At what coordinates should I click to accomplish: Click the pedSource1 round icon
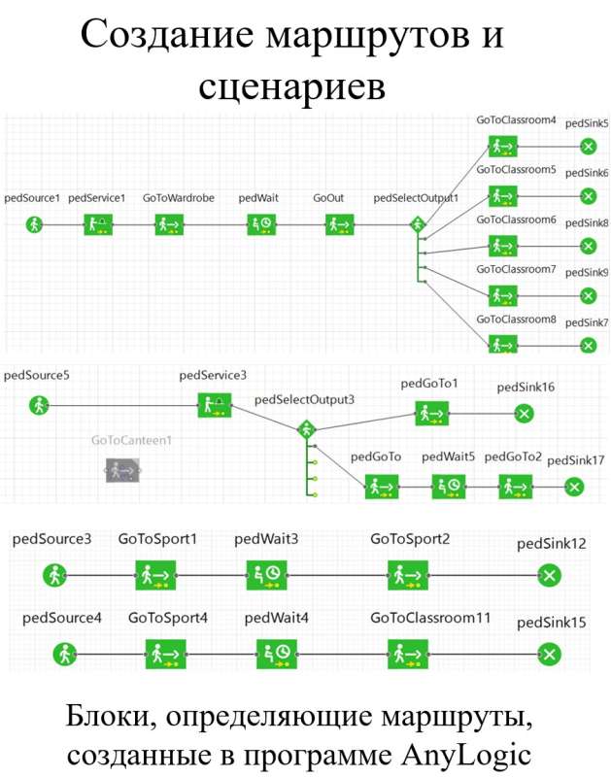35,224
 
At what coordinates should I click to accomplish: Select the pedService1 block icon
97,224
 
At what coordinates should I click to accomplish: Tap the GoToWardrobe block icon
169,224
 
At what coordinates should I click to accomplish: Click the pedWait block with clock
260,224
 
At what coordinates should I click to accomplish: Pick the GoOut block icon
338,224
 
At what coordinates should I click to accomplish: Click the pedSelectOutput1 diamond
419,224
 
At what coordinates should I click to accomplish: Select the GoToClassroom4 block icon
502,147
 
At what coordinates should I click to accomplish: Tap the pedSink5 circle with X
587,147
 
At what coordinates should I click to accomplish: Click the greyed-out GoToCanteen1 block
121,472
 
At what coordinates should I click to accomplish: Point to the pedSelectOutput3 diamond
305,428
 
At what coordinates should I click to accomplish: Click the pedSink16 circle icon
525,414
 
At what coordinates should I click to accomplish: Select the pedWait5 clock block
448,486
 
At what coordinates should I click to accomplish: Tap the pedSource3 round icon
53,575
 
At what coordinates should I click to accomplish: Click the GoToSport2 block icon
403,575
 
